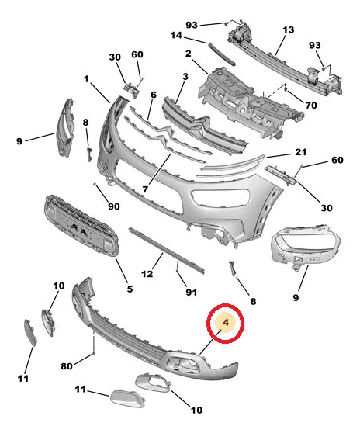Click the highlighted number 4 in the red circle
pos(226,322)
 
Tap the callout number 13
pos(288,29)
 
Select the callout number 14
pos(176,36)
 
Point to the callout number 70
pos(310,106)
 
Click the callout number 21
pos(300,152)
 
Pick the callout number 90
pos(114,206)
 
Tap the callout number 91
pos(191,292)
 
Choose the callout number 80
pos(67,366)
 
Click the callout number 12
pos(147,274)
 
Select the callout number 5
pos(130,289)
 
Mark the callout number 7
pos(145,189)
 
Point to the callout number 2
pos(188,54)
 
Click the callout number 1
pos(86,79)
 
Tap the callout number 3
pos(185,77)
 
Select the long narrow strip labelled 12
pos(167,251)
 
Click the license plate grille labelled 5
pos(81,226)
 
